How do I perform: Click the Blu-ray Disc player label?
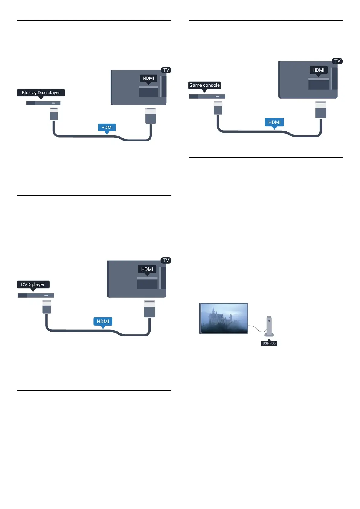(41, 93)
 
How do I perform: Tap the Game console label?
(205, 85)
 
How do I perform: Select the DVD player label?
(33, 284)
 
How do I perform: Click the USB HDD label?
(269, 343)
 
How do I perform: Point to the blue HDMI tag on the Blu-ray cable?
(107, 128)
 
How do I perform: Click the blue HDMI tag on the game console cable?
(274, 122)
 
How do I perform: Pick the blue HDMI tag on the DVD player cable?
(103, 321)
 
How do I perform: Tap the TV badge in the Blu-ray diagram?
(166, 70)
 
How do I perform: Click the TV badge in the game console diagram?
(337, 61)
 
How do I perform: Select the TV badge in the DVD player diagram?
(166, 260)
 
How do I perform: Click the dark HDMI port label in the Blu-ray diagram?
(148, 78)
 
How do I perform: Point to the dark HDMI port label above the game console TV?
(318, 70)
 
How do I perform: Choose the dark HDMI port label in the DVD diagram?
(147, 269)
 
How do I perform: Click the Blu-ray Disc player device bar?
(43, 103)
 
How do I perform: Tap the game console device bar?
(207, 96)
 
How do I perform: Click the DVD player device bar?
(36, 295)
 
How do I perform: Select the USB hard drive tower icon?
(269, 326)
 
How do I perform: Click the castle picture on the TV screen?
(224, 318)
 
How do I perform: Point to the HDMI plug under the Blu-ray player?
(54, 114)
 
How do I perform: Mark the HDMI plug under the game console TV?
(321, 110)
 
